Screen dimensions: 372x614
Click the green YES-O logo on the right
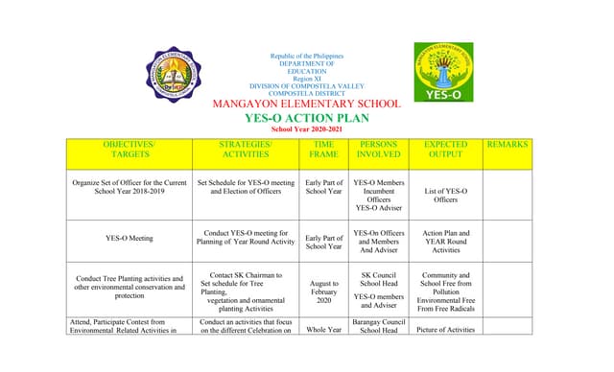pos(443,71)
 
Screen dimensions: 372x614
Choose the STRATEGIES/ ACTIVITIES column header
pos(245,149)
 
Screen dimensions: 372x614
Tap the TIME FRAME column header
pos(323,149)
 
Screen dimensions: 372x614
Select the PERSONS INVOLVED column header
pos(378,149)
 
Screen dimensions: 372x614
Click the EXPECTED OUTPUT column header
pos(445,149)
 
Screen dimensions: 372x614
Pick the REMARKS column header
pos(508,144)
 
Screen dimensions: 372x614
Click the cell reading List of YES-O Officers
pos(445,196)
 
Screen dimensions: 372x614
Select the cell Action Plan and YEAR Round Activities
pos(445,241)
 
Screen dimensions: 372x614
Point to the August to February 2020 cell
pos(323,291)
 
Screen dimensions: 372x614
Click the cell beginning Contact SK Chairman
pos(245,291)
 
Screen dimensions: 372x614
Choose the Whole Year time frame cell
pos(323,329)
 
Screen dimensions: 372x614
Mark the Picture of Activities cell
pos(445,329)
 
